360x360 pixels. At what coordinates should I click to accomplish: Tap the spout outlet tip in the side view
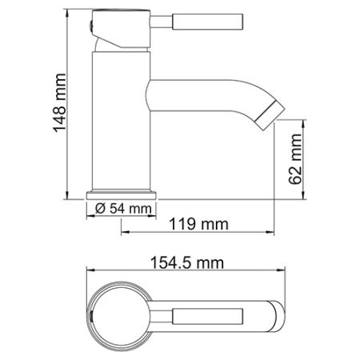click(x=267, y=114)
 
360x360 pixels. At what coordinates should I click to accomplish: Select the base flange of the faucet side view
click(x=122, y=193)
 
